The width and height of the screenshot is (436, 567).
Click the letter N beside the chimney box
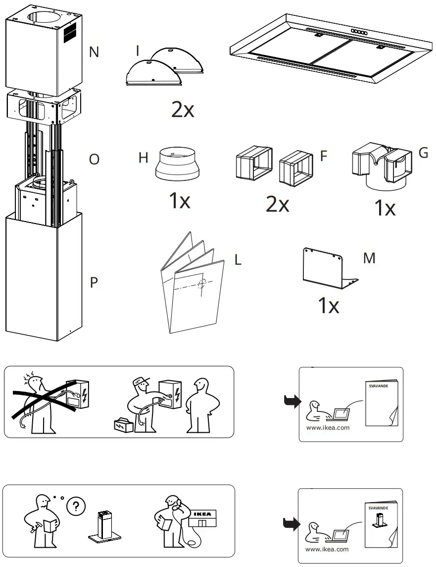click(94, 52)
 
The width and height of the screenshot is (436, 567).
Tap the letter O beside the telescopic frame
click(94, 160)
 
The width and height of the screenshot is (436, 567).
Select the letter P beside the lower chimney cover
click(94, 283)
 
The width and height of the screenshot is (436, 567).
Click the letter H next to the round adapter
click(144, 158)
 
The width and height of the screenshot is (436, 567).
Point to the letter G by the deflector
click(423, 153)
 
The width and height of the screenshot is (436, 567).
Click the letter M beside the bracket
click(369, 258)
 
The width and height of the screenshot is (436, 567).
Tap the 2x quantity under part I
click(182, 110)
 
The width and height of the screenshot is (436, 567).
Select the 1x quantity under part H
click(179, 201)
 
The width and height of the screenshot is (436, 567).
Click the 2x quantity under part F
click(277, 204)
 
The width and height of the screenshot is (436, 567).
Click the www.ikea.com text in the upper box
click(328, 428)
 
